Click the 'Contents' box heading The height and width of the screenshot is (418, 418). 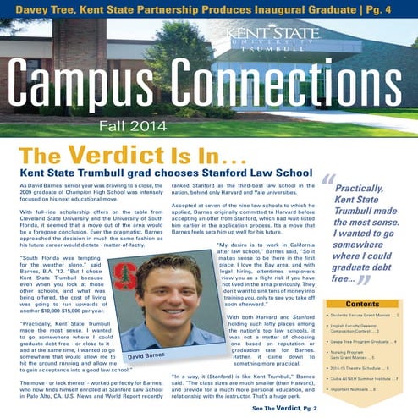tap(362, 303)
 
